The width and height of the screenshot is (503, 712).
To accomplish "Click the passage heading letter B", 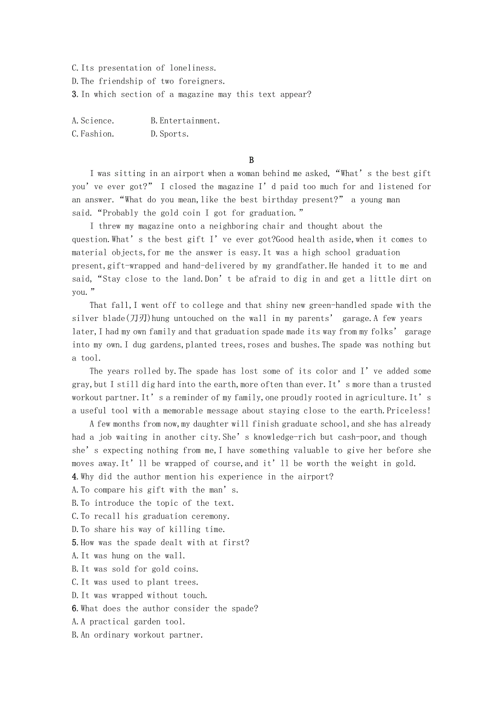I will (x=251, y=160).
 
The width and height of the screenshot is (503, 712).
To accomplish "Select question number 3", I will (x=74, y=94).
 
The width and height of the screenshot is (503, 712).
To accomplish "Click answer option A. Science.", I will (x=93, y=121).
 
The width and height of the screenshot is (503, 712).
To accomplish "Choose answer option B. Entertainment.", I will (x=185, y=121).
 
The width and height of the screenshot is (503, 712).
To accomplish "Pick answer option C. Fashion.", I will (x=93, y=134).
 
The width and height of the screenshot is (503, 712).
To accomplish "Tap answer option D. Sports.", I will (x=169, y=134).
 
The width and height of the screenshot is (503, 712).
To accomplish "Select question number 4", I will (x=74, y=476).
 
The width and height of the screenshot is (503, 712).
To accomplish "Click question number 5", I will (x=74, y=542).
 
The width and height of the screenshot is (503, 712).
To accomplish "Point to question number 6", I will (x=74, y=609).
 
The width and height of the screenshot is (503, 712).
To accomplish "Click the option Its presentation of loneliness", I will (x=144, y=68).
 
